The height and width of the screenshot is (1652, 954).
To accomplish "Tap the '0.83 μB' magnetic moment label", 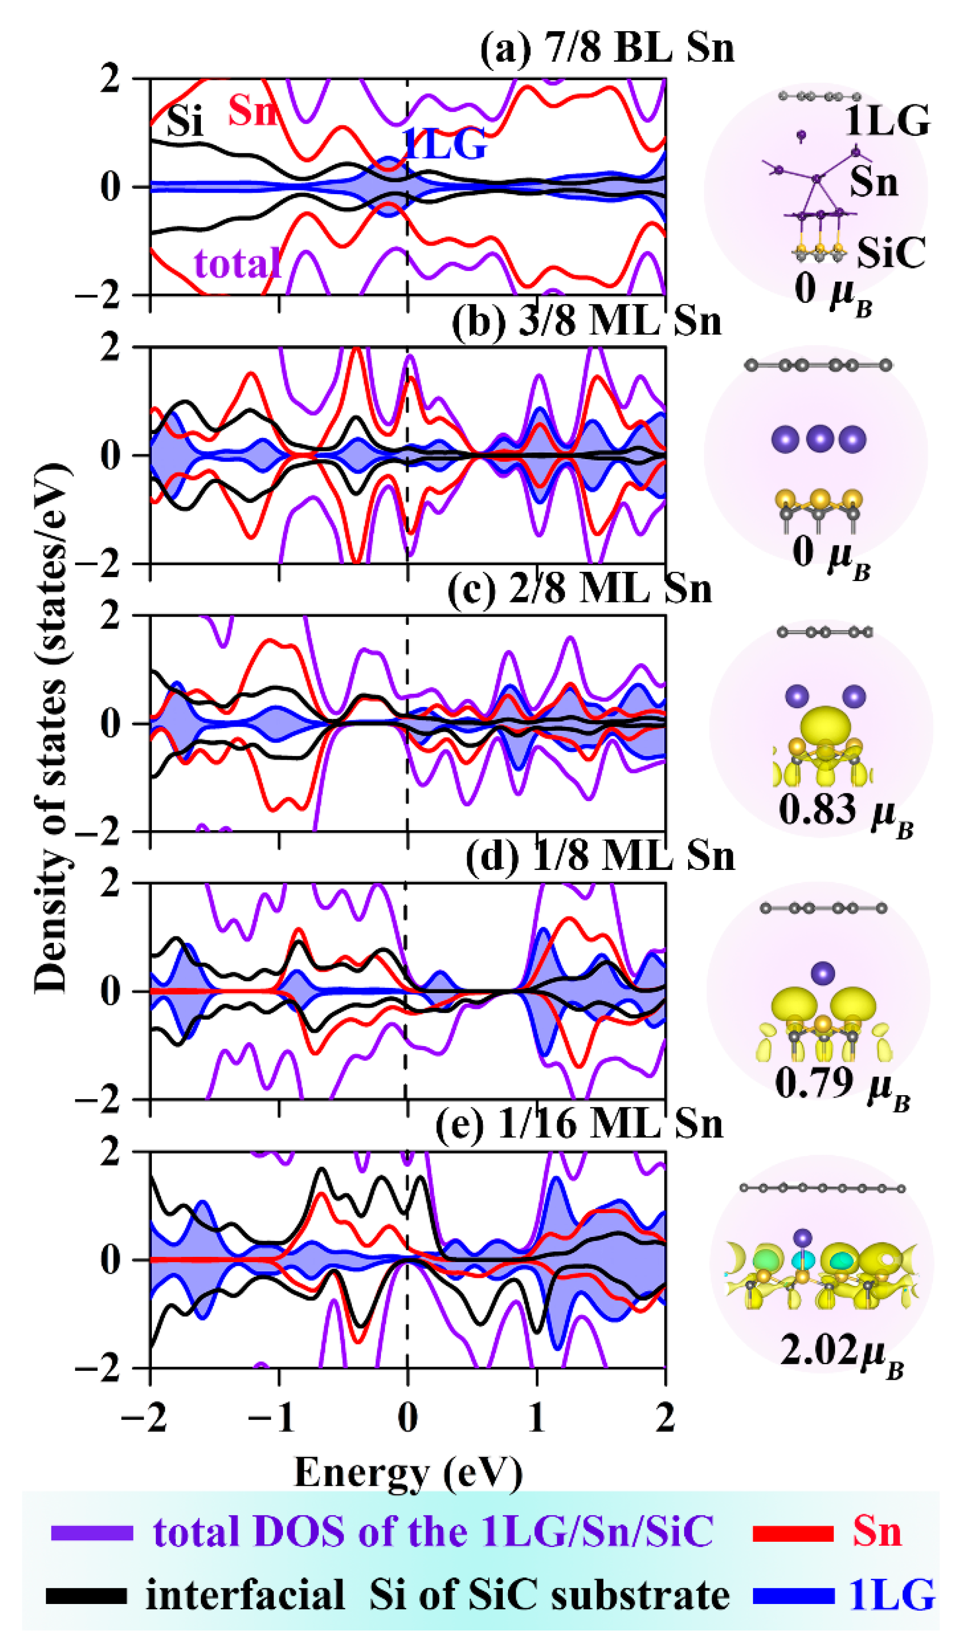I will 845,811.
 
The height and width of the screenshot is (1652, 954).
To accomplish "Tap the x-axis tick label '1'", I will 537,1418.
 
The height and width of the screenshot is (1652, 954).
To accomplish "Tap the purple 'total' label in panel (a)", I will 238,264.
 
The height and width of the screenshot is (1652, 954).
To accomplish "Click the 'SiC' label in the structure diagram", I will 891,252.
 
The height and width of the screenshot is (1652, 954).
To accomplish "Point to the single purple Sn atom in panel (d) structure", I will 822,973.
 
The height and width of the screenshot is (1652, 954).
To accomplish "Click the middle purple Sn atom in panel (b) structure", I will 819,438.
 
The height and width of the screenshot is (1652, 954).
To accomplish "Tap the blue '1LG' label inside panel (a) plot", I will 445,144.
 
